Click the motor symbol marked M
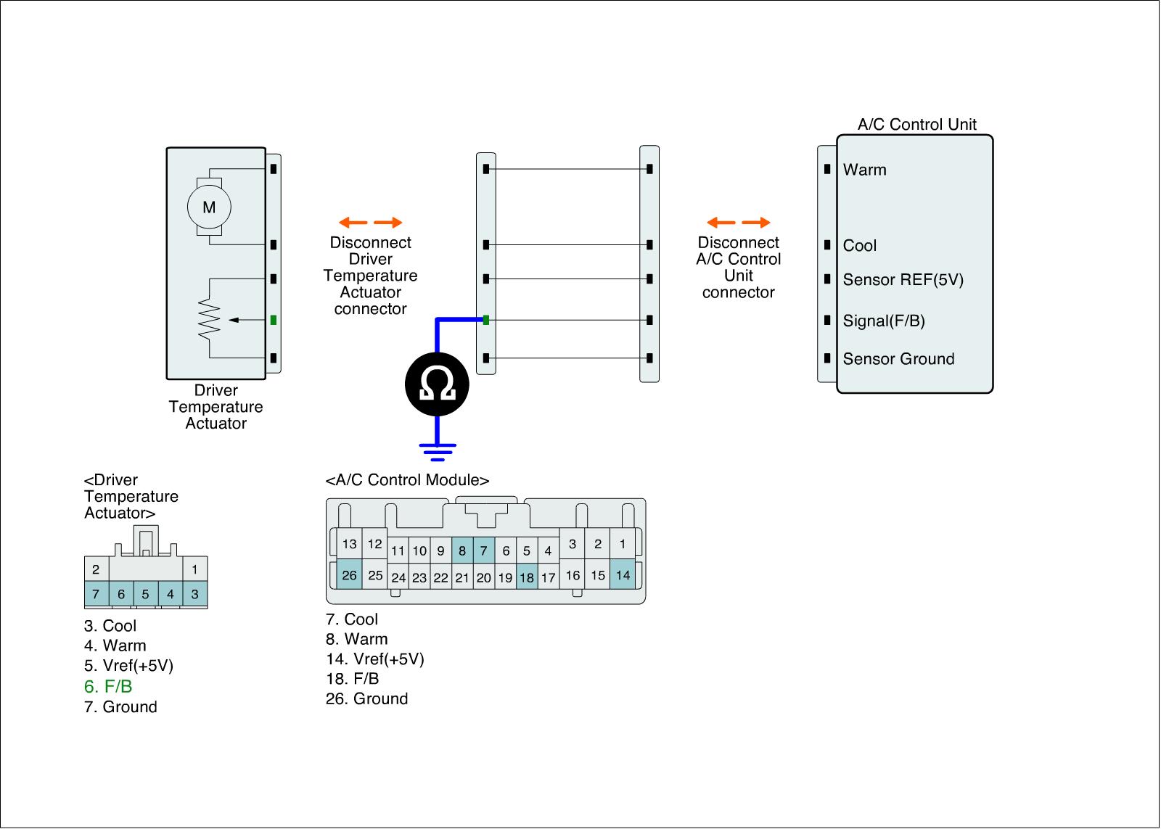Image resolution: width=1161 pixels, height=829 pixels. [209, 207]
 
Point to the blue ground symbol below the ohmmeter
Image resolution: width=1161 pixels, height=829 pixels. [437, 451]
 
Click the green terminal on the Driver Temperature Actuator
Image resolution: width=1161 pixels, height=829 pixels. [274, 320]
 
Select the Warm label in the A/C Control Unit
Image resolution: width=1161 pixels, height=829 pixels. [864, 170]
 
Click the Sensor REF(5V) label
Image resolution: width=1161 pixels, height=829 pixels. [903, 280]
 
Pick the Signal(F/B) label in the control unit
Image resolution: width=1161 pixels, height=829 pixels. [883, 321]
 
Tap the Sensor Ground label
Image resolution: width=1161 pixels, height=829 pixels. [898, 359]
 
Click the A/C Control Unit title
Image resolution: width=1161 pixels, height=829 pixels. [916, 124]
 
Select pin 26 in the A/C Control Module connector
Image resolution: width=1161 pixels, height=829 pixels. [349, 575]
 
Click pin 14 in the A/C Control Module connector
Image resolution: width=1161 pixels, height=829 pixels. [623, 575]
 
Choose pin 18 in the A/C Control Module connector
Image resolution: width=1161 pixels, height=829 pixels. [527, 578]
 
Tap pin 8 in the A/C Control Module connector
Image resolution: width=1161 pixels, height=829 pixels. [462, 550]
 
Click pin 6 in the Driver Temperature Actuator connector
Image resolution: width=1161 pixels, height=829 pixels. [121, 594]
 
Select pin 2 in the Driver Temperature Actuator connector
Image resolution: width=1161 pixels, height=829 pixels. [96, 569]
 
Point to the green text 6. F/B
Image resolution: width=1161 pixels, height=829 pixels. [108, 686]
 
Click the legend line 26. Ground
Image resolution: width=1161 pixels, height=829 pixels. [366, 698]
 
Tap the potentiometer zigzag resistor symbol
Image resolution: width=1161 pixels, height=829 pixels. [209, 318]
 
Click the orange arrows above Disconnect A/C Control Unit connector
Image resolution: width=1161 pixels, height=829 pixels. [738, 223]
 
